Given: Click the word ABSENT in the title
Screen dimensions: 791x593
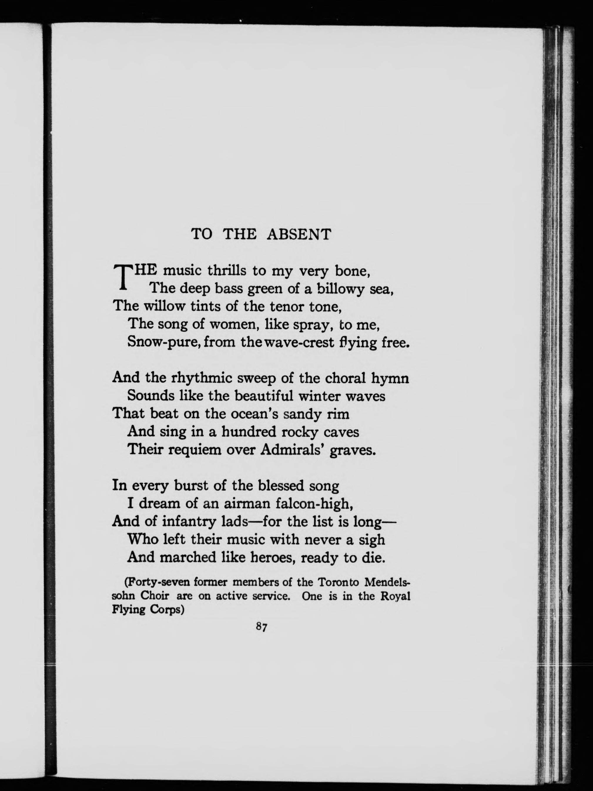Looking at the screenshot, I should pos(299,234).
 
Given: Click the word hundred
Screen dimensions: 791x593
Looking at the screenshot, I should pos(249,432).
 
